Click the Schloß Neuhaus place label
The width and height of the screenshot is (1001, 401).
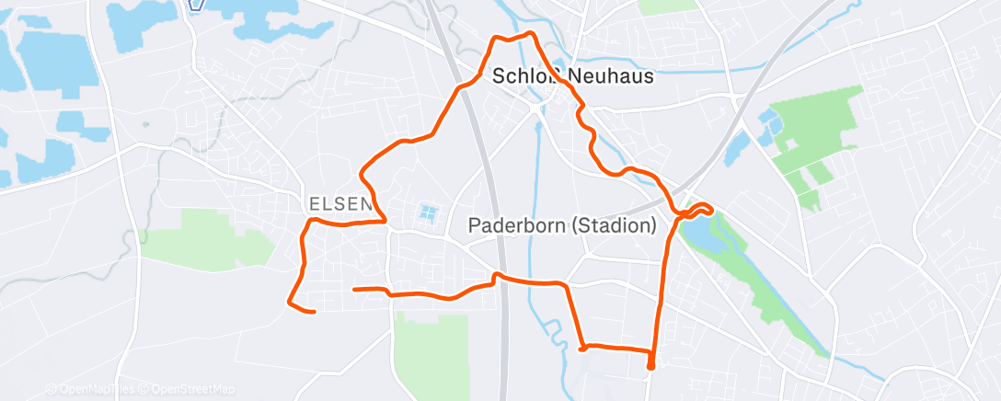click(x=572, y=76)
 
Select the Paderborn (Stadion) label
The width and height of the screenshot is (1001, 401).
click(x=561, y=224)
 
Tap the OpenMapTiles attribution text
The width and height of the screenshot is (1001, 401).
click(x=95, y=389)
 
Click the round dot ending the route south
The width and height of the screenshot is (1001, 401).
click(x=651, y=365)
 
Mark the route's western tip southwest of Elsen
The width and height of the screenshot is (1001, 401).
click(x=291, y=301)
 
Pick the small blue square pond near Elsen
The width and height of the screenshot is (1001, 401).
click(x=427, y=214)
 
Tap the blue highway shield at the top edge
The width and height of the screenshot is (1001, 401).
click(x=195, y=5)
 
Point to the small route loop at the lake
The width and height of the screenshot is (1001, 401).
click(x=697, y=209)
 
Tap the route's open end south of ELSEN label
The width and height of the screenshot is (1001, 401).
click(x=355, y=289)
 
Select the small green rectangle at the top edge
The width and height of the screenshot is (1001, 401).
click(x=668, y=6)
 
